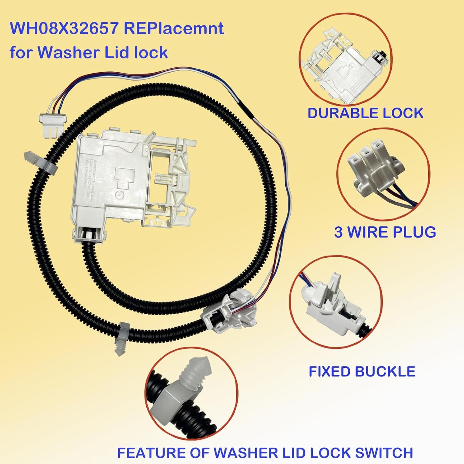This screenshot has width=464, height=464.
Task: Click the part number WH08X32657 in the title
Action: pos(64,28)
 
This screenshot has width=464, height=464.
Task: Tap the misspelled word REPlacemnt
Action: pos(174,28)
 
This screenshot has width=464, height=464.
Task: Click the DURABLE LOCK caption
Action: pos(365,113)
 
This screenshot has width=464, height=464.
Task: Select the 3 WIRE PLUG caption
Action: pos(385,232)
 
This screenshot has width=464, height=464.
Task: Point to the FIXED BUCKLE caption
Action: pos(362,372)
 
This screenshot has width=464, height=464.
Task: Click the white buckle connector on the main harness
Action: pos(230,313)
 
